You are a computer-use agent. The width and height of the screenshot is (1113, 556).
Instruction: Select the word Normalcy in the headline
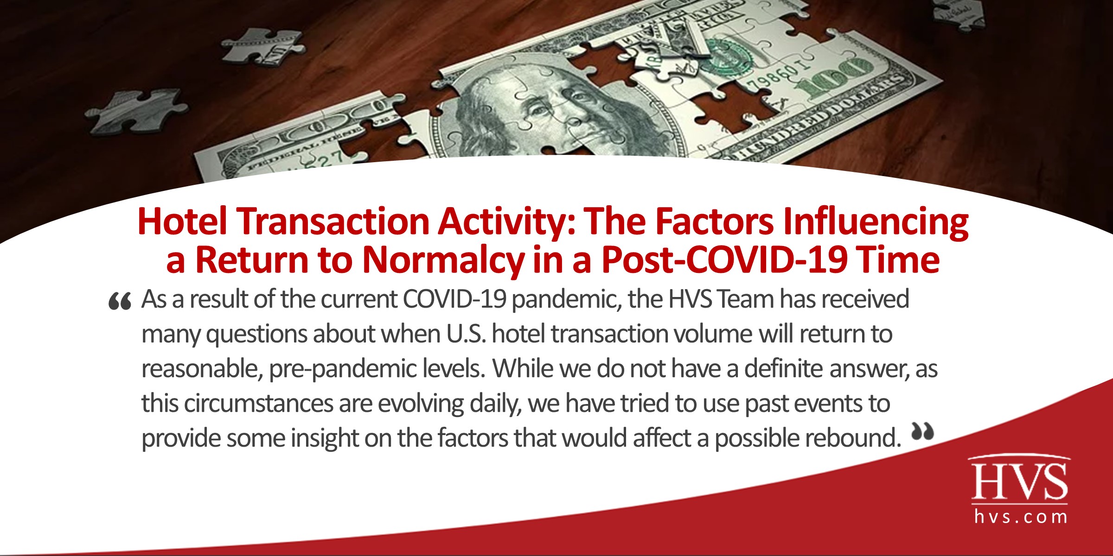pyautogui.click(x=442, y=260)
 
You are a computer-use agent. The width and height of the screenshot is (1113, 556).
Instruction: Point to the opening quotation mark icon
pyautogui.click(x=120, y=301)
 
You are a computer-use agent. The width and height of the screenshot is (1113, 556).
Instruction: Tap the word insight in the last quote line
pyautogui.click(x=325, y=438)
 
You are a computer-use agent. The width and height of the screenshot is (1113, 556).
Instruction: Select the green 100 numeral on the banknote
pyautogui.click(x=835, y=79)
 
